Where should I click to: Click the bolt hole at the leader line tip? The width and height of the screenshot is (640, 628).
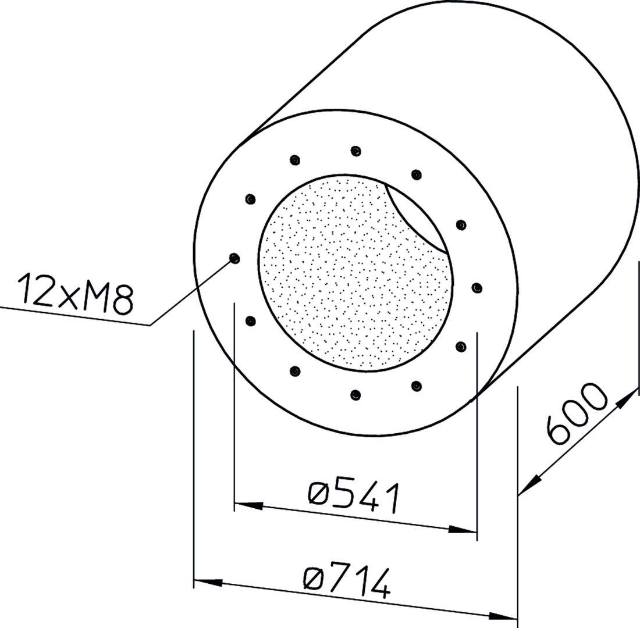click(x=234, y=258)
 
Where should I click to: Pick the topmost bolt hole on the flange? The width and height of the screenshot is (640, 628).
click(x=356, y=151)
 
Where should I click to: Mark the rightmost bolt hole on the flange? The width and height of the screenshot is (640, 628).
click(x=477, y=288)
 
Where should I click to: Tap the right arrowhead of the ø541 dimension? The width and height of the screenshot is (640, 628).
click(x=463, y=529)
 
